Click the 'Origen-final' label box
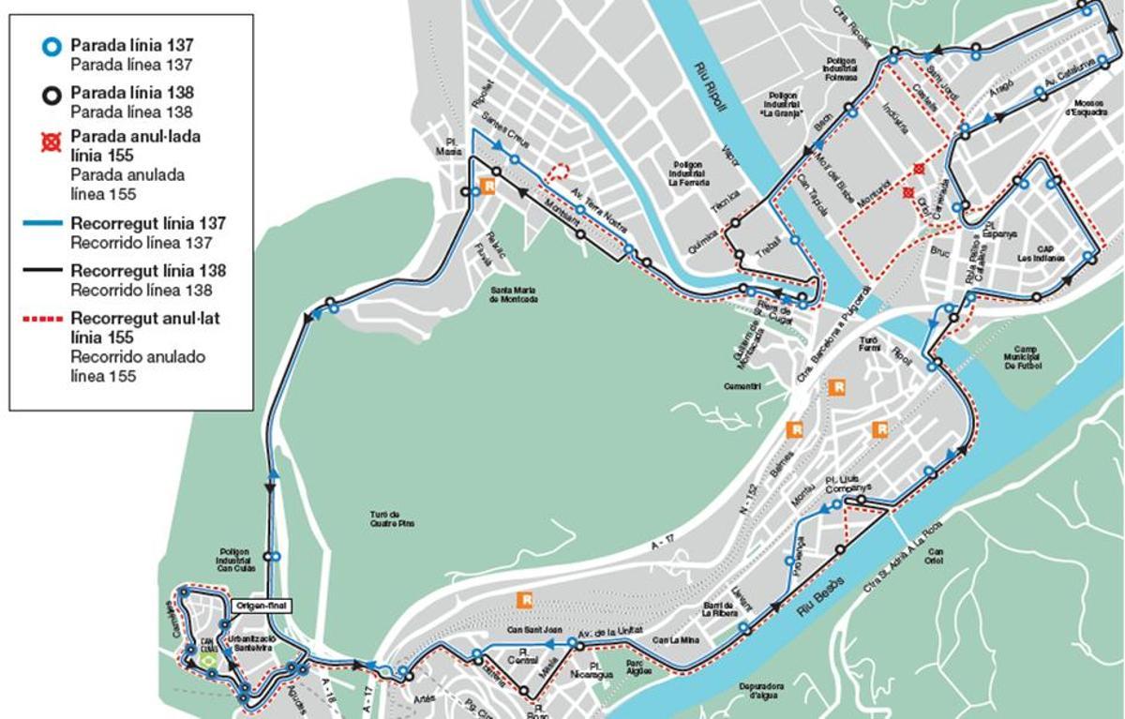coord(264,606)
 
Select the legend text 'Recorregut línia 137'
coord(148,223)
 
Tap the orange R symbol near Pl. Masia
coord(487,186)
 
